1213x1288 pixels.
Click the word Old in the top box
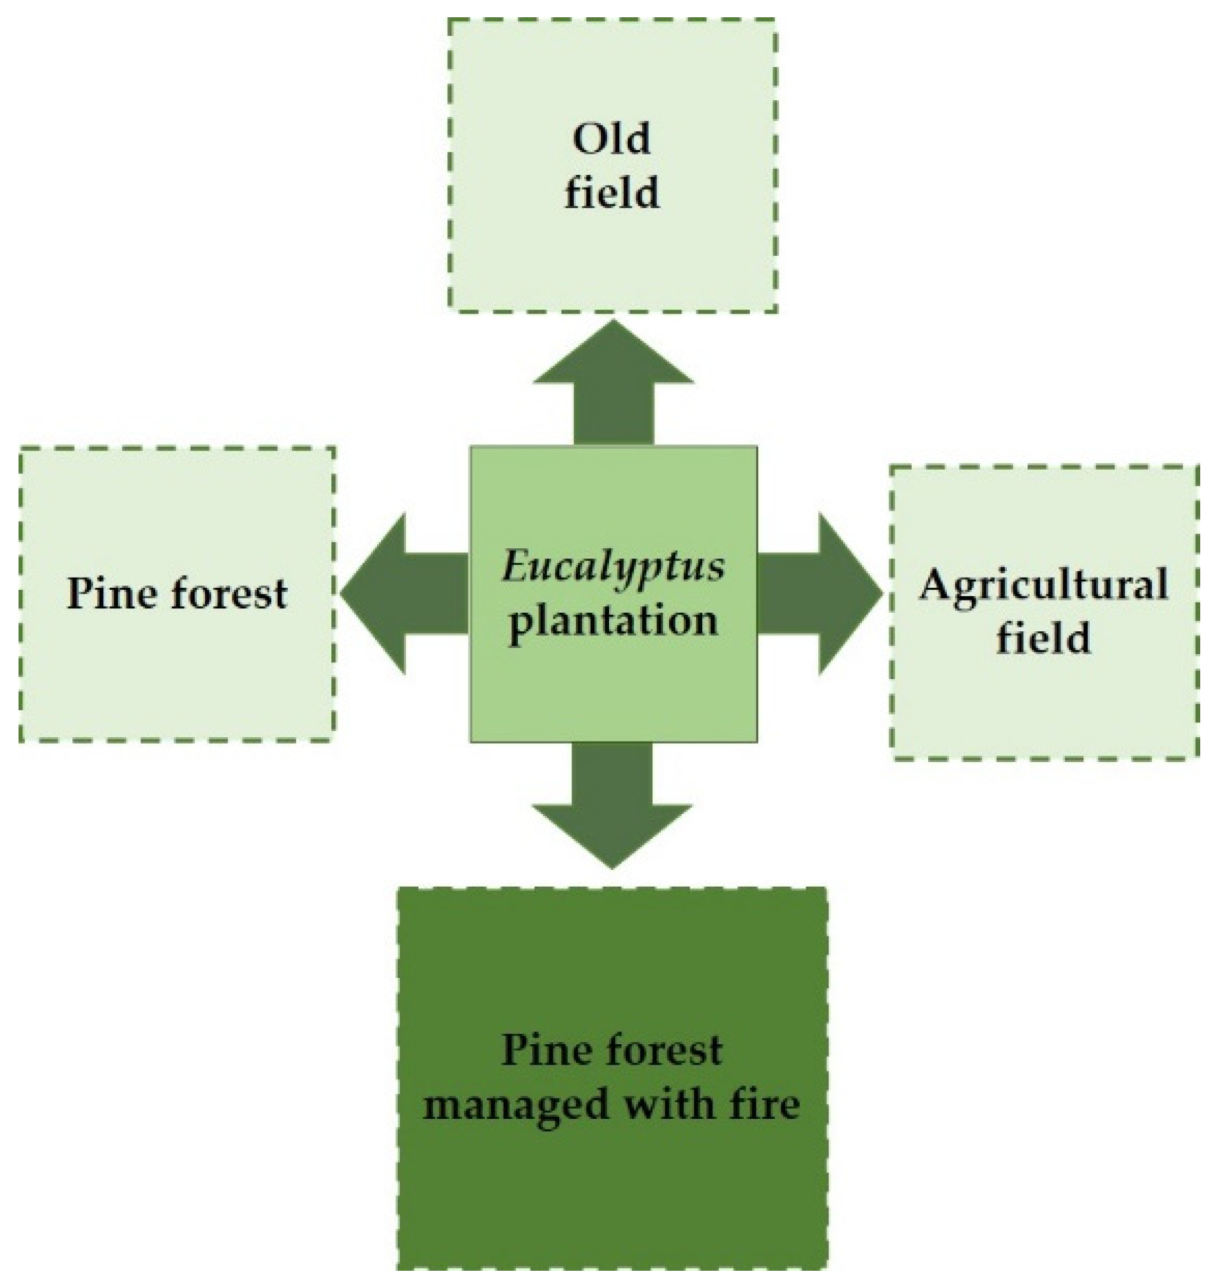point(611,139)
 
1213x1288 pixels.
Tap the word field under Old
point(611,193)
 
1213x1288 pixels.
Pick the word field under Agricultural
point(1043,638)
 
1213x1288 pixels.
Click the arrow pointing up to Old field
point(613,389)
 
